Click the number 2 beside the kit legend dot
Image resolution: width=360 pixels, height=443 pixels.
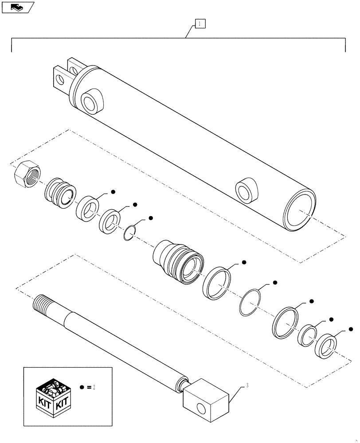point(94,387)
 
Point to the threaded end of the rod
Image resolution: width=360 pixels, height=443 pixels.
point(43,304)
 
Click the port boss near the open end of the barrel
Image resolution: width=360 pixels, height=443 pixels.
point(246,191)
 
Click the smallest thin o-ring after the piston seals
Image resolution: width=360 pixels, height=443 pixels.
point(129,233)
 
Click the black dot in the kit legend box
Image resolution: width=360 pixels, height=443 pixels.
point(82,387)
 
